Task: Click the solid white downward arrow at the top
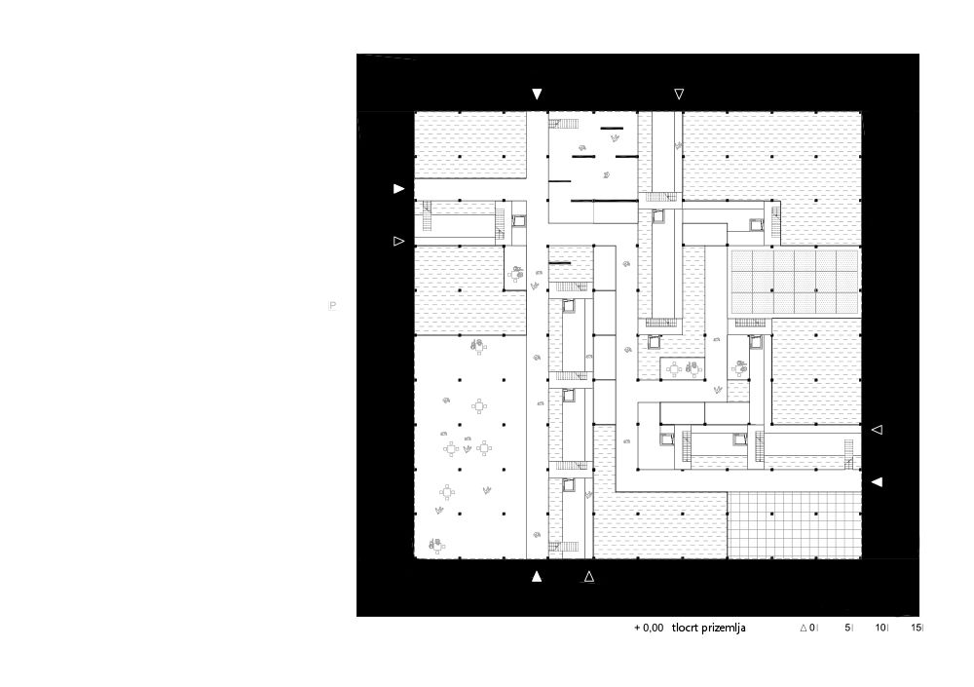point(537,94)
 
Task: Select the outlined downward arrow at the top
point(679,94)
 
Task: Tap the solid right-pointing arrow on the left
point(398,188)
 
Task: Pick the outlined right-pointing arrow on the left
point(398,241)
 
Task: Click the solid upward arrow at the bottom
point(537,576)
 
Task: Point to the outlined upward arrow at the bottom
point(589,576)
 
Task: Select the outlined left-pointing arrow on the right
point(877,430)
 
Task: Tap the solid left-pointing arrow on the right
point(877,481)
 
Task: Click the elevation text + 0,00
point(649,628)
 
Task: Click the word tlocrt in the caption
point(685,628)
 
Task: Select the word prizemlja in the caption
point(724,629)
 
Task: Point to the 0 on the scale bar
point(812,628)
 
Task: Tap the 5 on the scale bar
point(847,628)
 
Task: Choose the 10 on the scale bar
point(880,628)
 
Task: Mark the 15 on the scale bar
point(917,628)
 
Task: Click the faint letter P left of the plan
point(333,305)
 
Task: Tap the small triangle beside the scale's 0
point(804,628)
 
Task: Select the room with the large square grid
point(795,282)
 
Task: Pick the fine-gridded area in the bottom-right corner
point(795,525)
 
